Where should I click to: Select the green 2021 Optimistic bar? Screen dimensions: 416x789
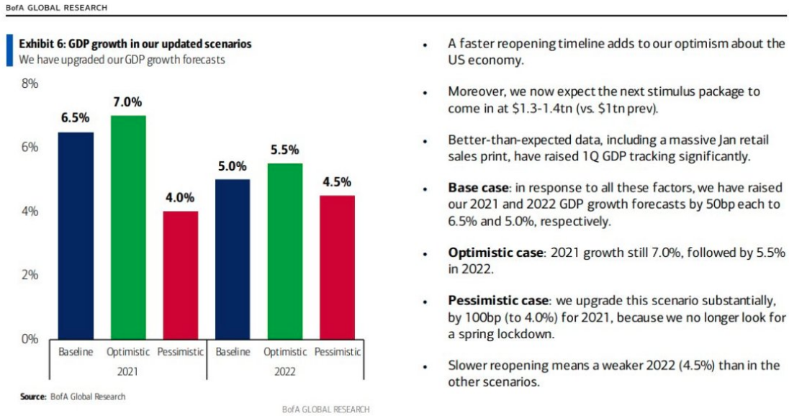click(128, 227)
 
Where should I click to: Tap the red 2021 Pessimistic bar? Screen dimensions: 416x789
click(180, 274)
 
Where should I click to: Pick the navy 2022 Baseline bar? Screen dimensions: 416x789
click(233, 258)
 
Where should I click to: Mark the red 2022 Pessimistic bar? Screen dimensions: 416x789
click(337, 266)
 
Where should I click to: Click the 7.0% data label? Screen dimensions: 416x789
click(128, 101)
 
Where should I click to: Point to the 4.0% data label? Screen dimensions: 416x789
click(180, 197)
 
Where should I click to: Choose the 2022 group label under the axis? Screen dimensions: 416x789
click(284, 372)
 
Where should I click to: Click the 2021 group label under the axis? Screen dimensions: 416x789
click(127, 372)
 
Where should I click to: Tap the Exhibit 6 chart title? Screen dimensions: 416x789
click(135, 44)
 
